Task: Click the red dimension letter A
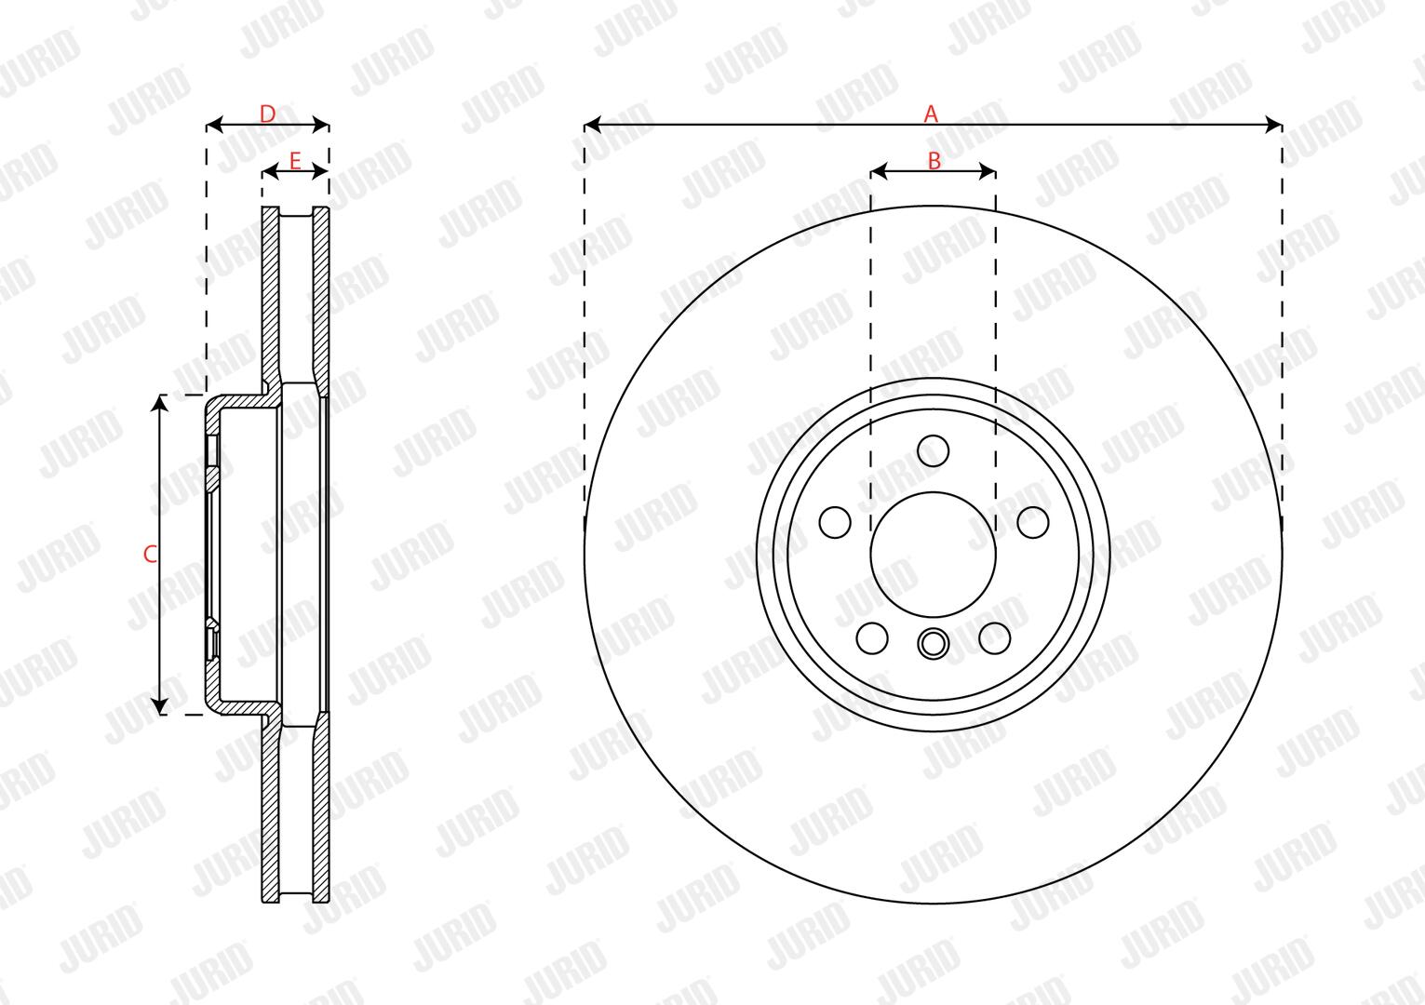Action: pos(931,114)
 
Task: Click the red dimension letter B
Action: pos(934,161)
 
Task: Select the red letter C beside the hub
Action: pos(150,555)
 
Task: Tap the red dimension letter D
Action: pos(268,114)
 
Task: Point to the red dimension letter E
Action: pos(294,161)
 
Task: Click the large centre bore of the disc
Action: pos(934,555)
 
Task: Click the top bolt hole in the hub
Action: pos(934,451)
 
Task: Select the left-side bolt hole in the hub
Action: pos(835,522)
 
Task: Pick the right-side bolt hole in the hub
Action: pos(1033,522)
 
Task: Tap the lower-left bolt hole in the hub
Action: pos(872,638)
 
